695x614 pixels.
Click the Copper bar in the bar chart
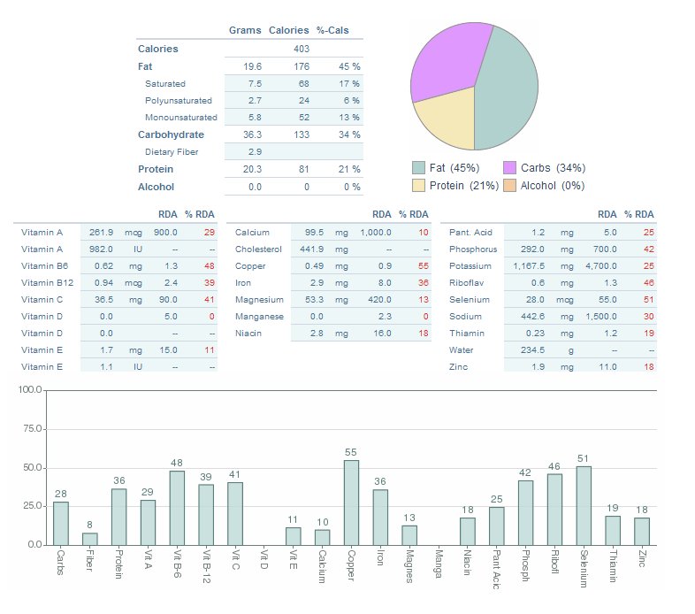pyautogui.click(x=351, y=503)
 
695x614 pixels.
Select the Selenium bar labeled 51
pyautogui.click(x=584, y=505)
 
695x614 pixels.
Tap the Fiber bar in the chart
pyautogui.click(x=90, y=539)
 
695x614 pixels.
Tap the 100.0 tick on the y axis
pyautogui.click(x=30, y=390)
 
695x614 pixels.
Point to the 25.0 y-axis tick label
pyautogui.click(x=32, y=506)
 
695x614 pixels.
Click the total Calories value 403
pyautogui.click(x=301, y=50)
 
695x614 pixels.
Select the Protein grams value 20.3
pyautogui.click(x=252, y=169)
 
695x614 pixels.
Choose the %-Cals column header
pyautogui.click(x=332, y=30)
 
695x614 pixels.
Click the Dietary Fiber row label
pyautogui.click(x=172, y=152)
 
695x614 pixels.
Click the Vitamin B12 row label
pyautogui.click(x=44, y=283)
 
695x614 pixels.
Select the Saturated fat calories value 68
pyautogui.click(x=303, y=84)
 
